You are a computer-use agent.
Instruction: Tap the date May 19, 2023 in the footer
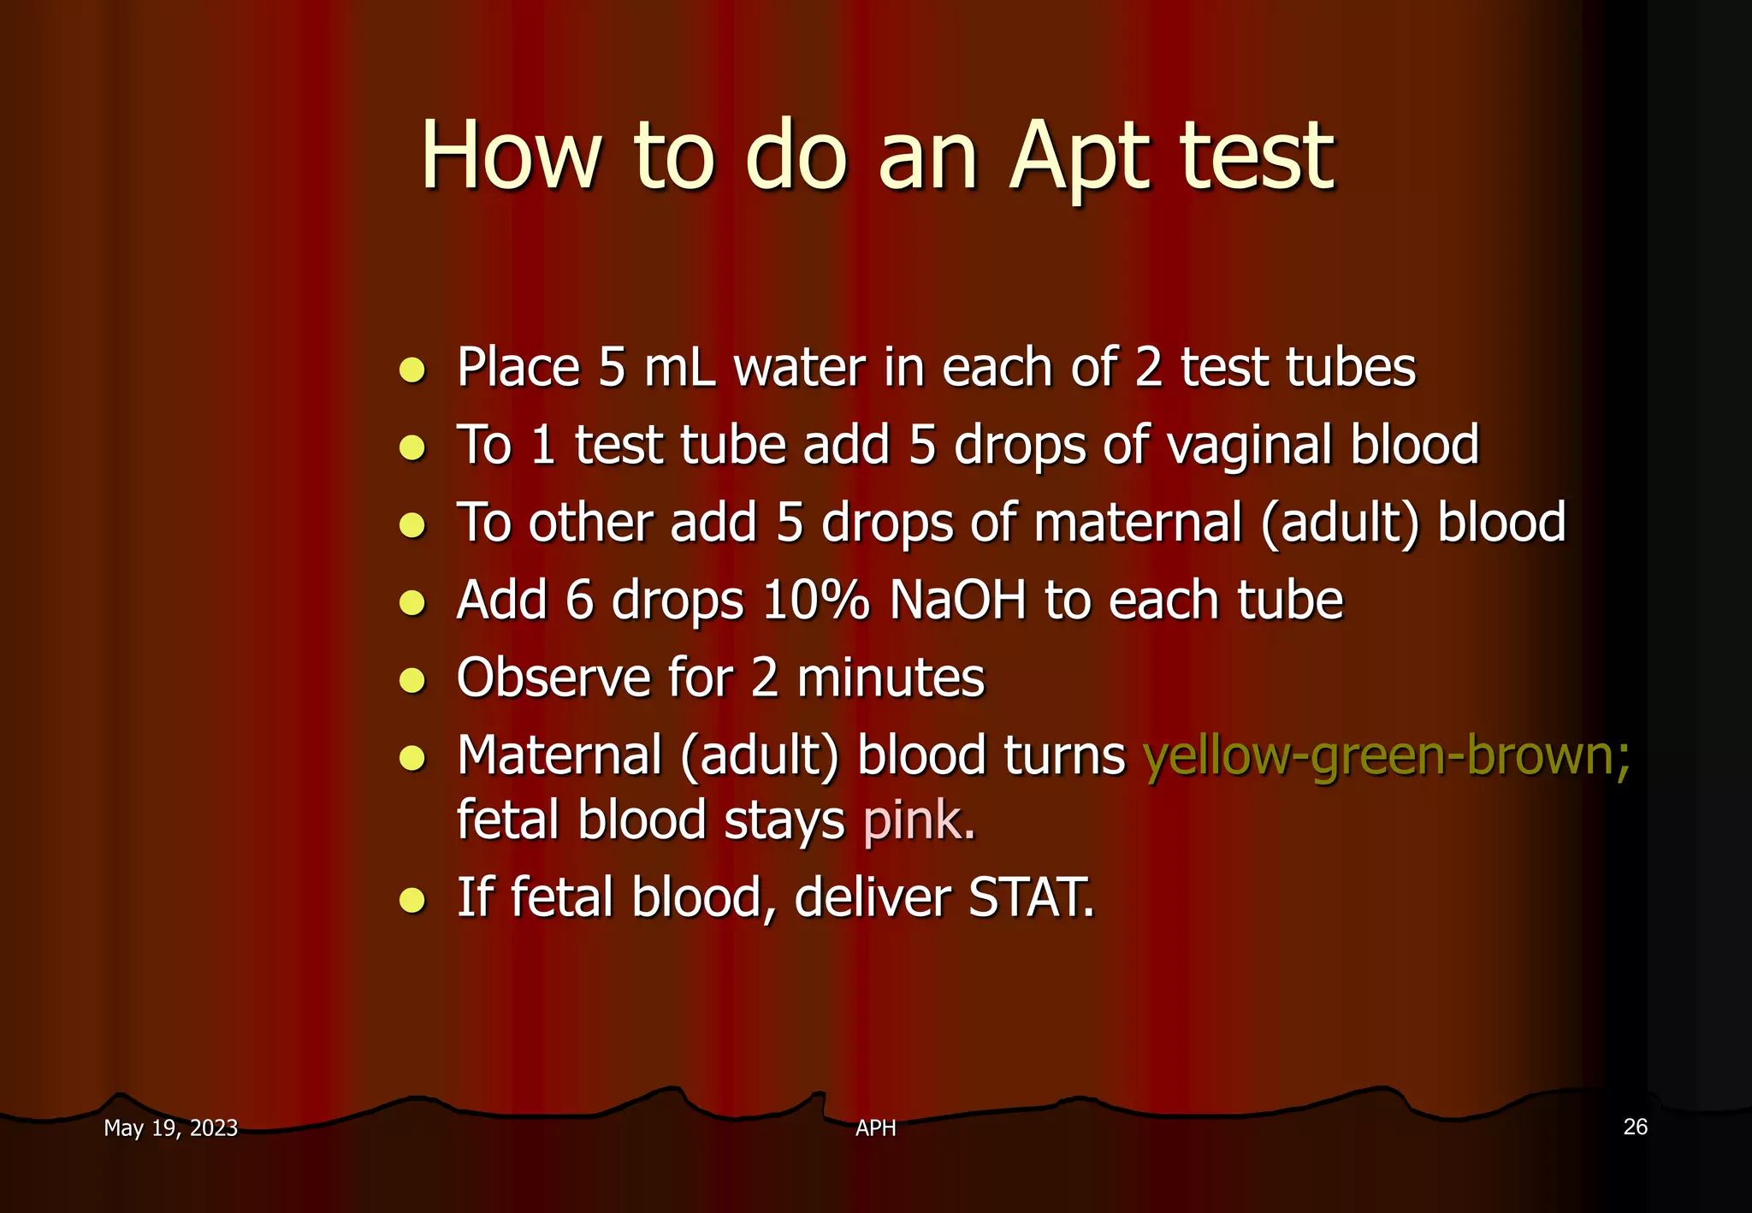(170, 1128)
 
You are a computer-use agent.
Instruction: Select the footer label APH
(875, 1128)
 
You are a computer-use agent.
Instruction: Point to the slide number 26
(1635, 1127)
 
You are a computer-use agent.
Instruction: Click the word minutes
(891, 678)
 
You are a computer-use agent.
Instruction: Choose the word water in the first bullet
(800, 369)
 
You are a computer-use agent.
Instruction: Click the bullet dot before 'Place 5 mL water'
(412, 370)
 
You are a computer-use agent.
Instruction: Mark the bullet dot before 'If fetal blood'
(412, 900)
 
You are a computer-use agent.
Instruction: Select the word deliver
(872, 897)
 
